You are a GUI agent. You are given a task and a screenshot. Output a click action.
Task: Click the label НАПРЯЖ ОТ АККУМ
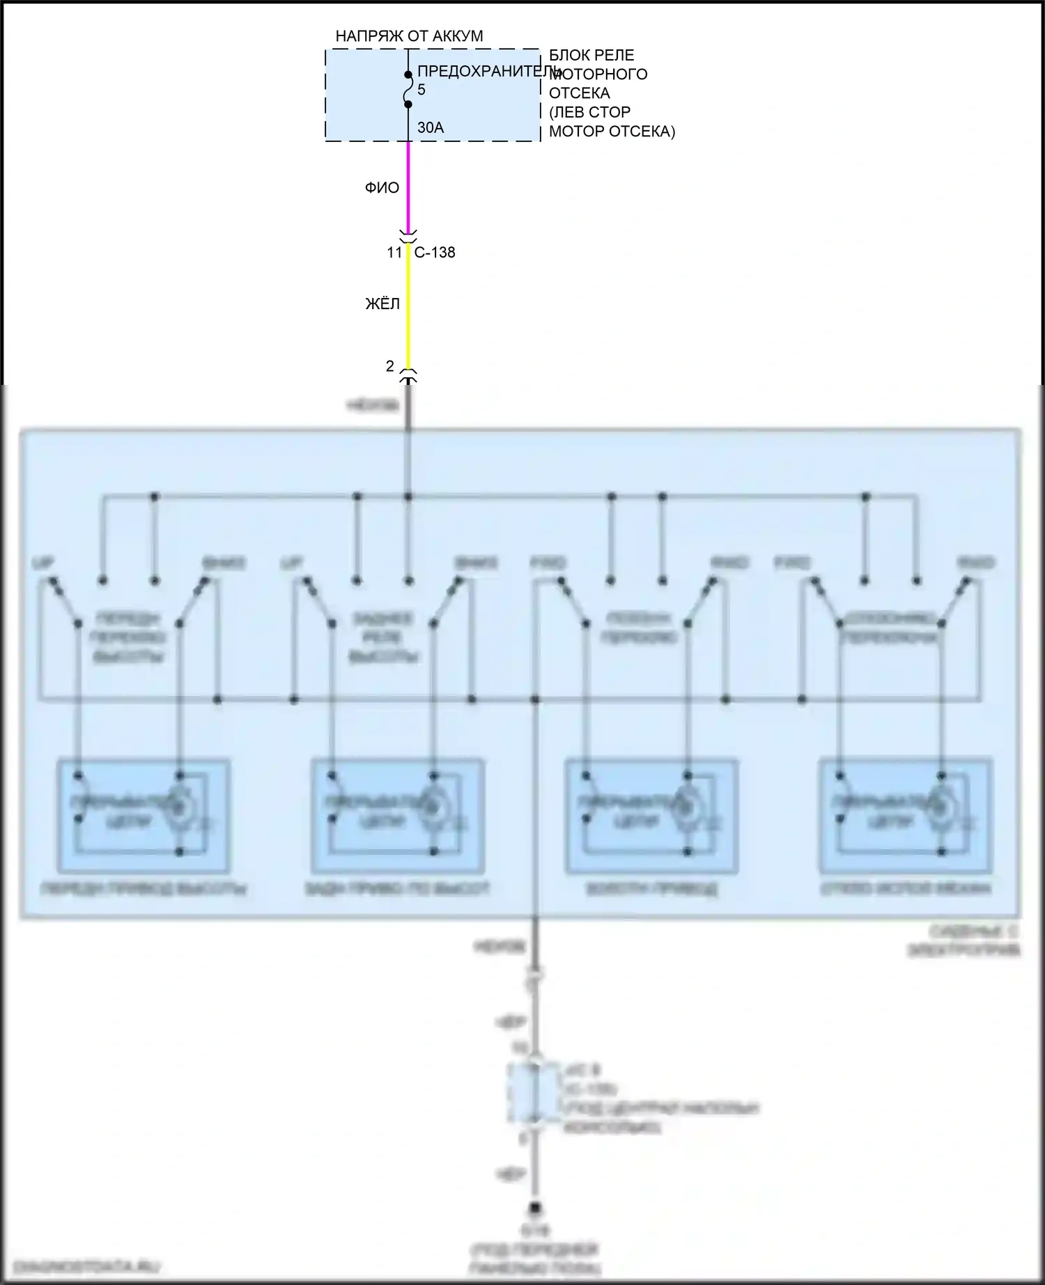coord(409,36)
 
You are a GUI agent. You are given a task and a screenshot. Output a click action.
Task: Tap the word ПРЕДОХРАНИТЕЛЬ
coord(488,71)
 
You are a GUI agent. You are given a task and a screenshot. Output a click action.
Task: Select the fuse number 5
coord(421,90)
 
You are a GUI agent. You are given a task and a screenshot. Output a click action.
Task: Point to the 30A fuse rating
coord(431,127)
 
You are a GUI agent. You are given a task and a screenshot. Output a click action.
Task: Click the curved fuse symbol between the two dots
coord(409,89)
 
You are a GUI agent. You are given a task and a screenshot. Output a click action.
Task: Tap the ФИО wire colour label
coord(382,188)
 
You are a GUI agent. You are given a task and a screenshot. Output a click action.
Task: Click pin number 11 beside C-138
coord(394,253)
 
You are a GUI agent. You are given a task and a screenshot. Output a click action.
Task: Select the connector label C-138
coord(435,253)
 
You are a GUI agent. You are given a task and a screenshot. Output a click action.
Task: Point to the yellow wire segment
coord(409,306)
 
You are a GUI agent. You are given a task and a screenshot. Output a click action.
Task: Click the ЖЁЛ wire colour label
coord(382,304)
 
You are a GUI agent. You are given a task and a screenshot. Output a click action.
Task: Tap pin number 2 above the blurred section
coord(390,366)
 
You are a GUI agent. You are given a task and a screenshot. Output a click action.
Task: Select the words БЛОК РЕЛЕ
coord(591,55)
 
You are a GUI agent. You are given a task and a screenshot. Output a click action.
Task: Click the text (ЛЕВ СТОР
coord(589,112)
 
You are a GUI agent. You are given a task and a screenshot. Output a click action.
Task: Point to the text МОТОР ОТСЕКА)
coord(612,132)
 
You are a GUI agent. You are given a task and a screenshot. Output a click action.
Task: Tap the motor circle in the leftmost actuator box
coord(179,807)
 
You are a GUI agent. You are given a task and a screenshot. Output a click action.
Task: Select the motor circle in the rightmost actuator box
coord(942,807)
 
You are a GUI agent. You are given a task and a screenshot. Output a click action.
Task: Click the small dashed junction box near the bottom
coord(534,1092)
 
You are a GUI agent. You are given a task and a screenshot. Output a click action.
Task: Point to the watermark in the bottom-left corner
coord(86,1266)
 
